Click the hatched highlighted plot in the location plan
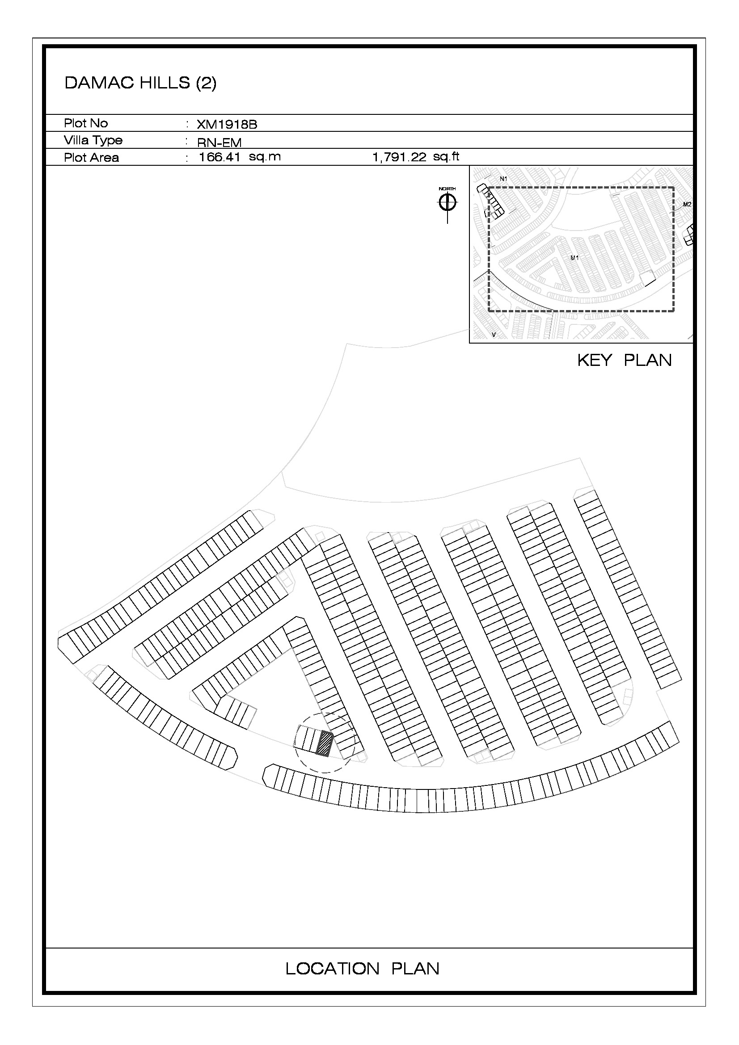pos(324,743)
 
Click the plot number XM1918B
pos(227,125)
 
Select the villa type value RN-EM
pos(219,143)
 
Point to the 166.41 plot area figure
pos(220,157)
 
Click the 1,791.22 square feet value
pos(399,157)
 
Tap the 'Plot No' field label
pos(85,123)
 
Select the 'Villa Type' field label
pos(93,141)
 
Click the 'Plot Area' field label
pos(91,158)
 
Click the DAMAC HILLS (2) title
pos(140,83)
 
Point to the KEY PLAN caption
pos(624,360)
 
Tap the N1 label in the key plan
pos(503,179)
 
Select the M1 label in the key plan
pos(574,258)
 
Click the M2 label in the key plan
pos(687,204)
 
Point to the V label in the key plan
pos(494,335)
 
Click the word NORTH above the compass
pos(447,189)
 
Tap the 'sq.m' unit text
pos(265,157)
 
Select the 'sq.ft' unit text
pos(446,157)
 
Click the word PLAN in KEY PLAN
pos(647,360)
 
